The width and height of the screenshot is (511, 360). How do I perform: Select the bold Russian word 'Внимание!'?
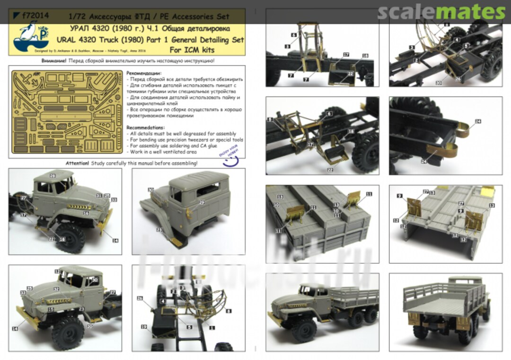click(53, 61)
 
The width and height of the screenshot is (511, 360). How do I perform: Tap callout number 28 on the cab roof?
click(53, 176)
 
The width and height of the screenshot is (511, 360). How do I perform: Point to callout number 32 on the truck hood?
click(56, 289)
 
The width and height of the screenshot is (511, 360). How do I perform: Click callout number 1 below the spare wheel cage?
click(212, 328)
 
